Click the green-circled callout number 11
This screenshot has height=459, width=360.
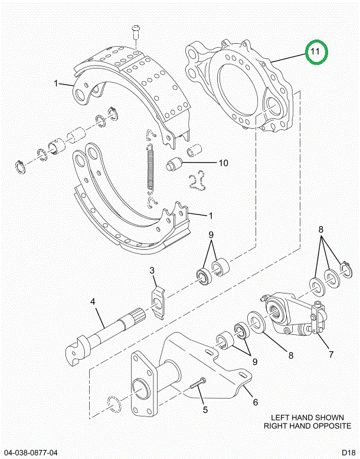[x=315, y=51]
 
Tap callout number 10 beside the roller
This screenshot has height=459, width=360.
[x=223, y=163]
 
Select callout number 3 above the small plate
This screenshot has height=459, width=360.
[x=152, y=270]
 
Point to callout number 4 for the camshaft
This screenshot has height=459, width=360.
[x=93, y=301]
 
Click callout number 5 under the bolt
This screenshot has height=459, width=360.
[x=205, y=410]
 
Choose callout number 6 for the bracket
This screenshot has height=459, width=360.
[x=256, y=402]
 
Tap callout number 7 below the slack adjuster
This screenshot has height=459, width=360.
[x=330, y=354]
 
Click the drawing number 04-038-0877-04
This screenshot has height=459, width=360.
[x=31, y=453]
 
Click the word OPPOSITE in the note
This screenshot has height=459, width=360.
[x=332, y=426]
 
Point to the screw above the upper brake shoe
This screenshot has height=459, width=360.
[x=136, y=32]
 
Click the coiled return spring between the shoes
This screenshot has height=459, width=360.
[x=150, y=169]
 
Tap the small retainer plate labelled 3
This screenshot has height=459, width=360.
[x=158, y=303]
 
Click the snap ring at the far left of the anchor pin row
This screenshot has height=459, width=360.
[x=20, y=167]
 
